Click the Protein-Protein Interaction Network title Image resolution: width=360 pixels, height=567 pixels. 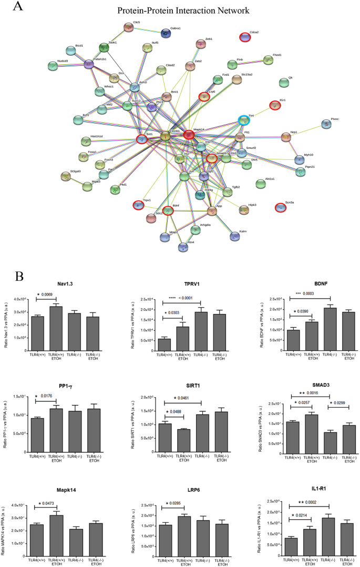183,11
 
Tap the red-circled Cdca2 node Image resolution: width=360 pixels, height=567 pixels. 245,37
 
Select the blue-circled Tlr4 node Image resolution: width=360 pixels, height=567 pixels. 244,120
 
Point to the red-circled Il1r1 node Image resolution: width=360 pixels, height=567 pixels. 275,106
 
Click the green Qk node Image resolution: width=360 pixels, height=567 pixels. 284,82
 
